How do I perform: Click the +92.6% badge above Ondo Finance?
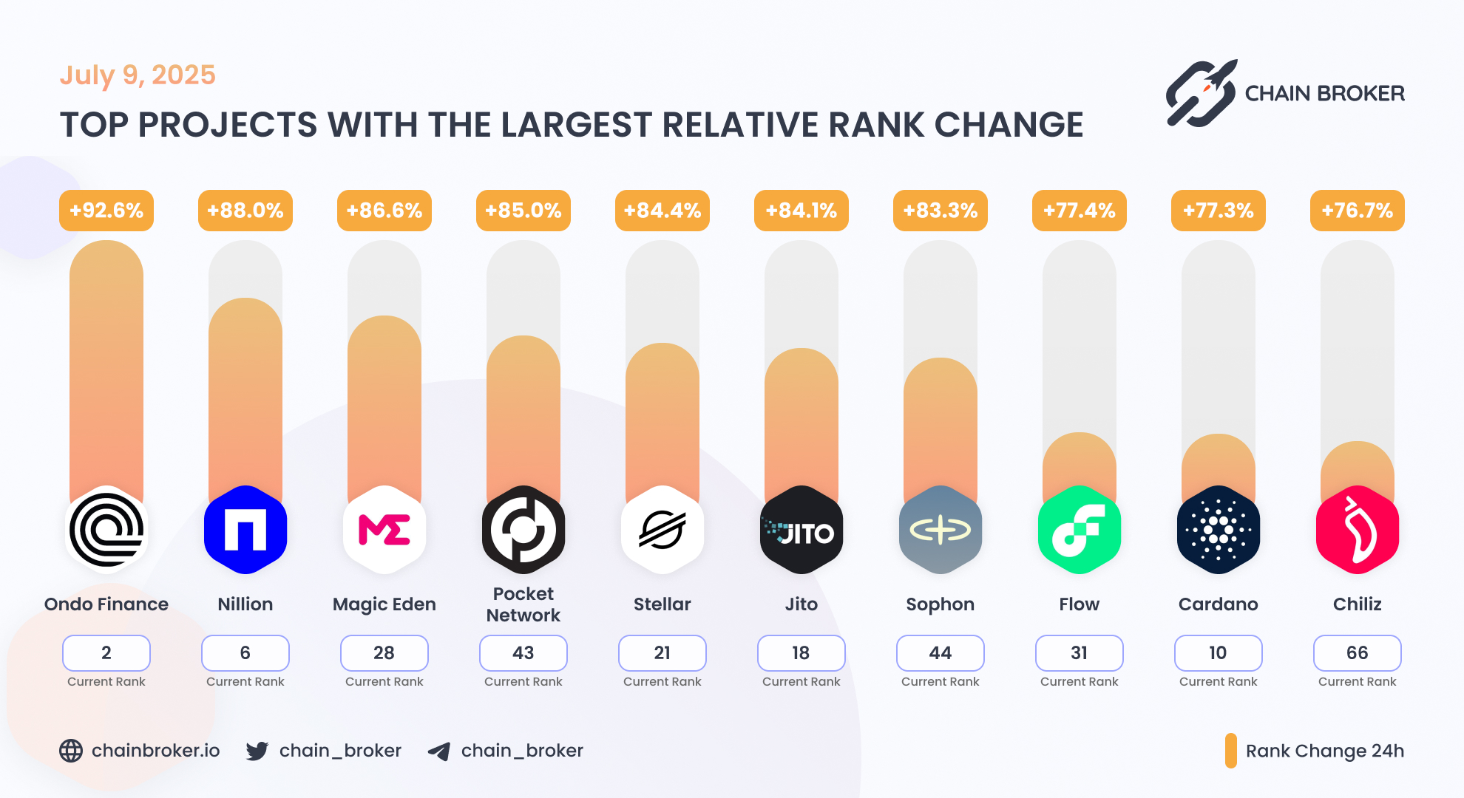(106, 211)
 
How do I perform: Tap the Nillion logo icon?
(245, 530)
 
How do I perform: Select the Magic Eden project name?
(384, 604)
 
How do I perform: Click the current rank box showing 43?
(523, 653)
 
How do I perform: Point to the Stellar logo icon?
(662, 530)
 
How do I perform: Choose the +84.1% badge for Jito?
(802, 211)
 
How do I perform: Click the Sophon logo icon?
(941, 530)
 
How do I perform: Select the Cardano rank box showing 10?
(1219, 653)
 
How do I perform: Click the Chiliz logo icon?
(1358, 530)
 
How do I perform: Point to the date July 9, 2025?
(138, 75)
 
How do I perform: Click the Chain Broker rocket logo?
(1201, 94)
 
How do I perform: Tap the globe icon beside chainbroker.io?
(71, 751)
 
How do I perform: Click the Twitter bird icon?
(257, 751)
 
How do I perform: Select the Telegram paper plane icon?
(439, 751)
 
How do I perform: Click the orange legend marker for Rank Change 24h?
(1231, 751)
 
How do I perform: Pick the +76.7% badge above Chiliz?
(1358, 211)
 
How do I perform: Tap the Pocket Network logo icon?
(523, 530)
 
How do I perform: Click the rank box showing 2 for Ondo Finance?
(106, 653)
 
